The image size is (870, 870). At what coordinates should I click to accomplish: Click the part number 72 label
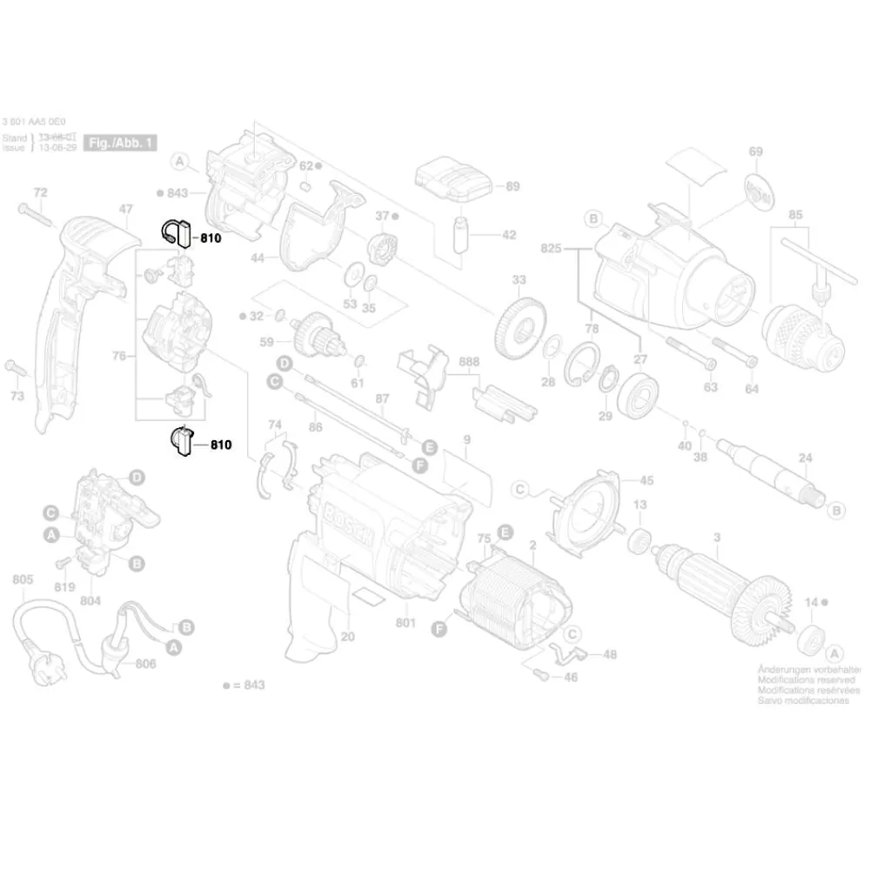point(40,191)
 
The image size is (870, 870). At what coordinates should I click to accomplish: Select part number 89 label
point(512,186)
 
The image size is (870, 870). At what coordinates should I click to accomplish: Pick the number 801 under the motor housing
point(405,623)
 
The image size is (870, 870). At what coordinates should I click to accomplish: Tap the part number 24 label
point(805,458)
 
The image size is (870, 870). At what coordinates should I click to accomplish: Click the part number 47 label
point(126,209)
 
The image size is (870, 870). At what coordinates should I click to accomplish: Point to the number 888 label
point(469,361)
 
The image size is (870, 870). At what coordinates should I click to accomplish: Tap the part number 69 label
point(755,152)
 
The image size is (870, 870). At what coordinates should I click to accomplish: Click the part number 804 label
point(90,600)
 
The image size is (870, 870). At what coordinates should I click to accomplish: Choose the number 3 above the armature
point(716,538)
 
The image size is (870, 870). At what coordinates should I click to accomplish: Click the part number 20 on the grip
point(348,637)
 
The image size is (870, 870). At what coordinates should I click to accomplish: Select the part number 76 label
point(119,356)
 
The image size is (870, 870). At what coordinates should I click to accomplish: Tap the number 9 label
point(466,440)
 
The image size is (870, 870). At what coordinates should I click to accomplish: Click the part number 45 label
point(646,480)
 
